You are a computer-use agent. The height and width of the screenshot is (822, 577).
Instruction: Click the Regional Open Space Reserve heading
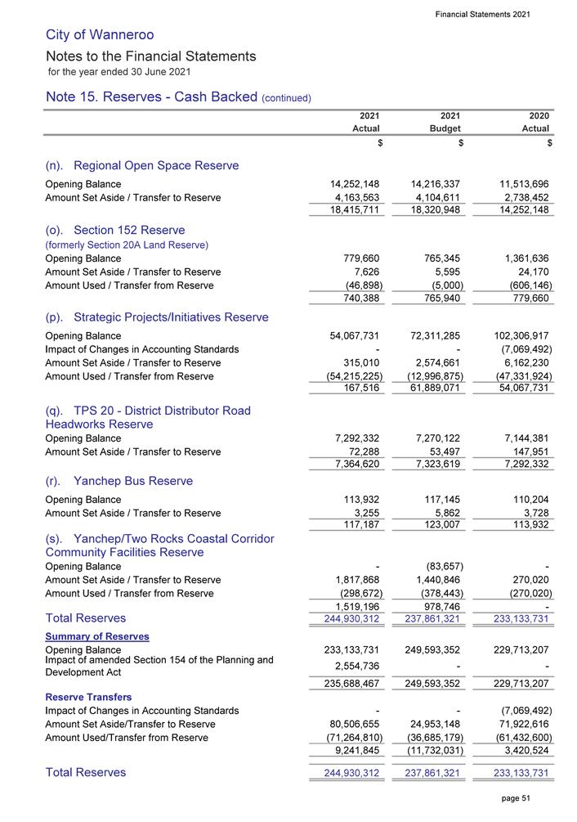142,165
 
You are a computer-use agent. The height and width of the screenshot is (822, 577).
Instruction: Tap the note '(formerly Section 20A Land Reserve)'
127,245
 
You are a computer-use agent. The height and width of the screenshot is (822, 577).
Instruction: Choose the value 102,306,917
517,335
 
